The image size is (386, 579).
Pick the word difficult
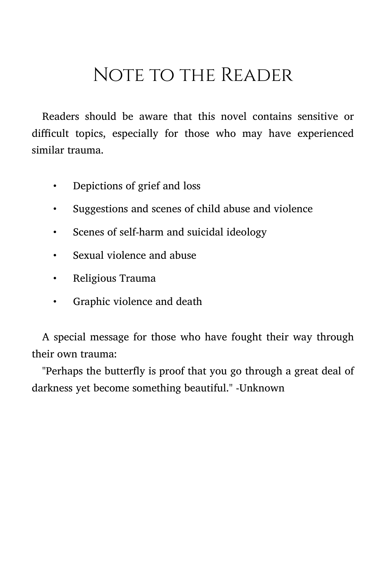(x=51, y=133)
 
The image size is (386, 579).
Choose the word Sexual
(x=89, y=255)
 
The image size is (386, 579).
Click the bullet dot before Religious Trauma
(x=55, y=279)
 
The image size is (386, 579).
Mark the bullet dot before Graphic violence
(x=55, y=302)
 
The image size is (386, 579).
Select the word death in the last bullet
(x=189, y=301)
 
